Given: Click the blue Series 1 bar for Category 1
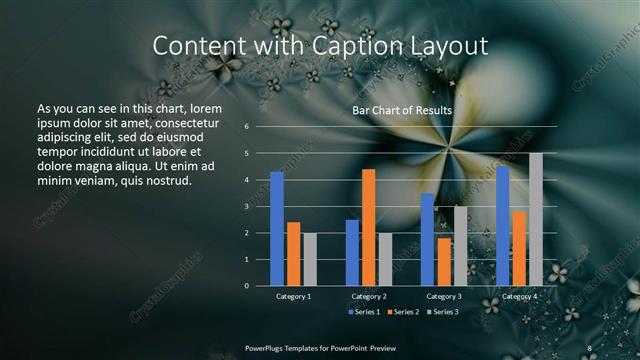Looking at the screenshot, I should pos(277,229).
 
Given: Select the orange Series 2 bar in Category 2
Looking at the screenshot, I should pos(369,227).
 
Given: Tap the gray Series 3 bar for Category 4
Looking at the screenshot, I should pos(536,220).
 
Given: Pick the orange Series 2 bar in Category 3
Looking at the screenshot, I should pos(444,261).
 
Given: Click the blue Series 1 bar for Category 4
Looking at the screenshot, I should pos(502,226).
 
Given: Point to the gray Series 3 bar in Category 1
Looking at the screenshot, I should pos(310,259).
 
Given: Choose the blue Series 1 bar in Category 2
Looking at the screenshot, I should pos(353,252).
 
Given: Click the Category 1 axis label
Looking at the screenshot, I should pos(293,296).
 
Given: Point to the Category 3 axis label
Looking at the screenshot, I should pos(444,296).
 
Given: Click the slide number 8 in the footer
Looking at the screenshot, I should pos(589,347).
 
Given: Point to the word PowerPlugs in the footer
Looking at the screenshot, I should pos(268,347).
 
